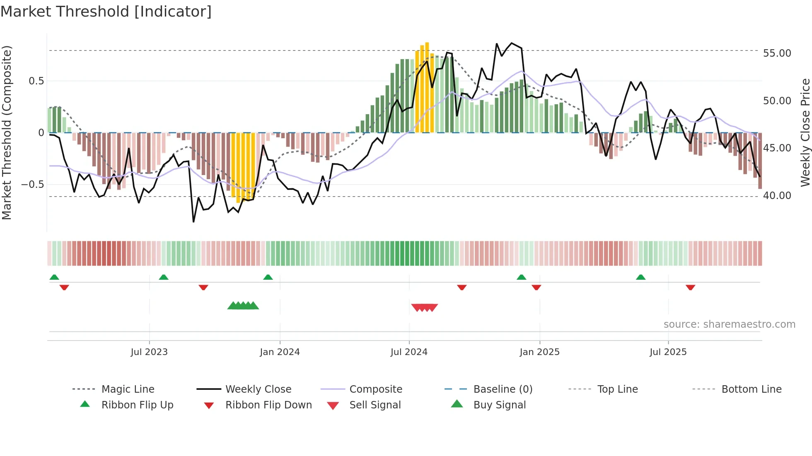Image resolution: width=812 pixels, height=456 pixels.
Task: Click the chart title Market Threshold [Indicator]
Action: pos(106,12)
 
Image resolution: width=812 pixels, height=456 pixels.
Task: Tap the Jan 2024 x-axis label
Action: pos(280,352)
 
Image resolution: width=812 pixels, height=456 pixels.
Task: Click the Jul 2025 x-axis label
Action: pos(668,352)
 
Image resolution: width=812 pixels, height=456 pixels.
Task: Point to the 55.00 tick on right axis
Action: pos(777,53)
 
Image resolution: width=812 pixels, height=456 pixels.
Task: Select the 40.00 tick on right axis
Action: pos(777,195)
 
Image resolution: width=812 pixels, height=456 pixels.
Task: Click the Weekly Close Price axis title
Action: pos(805,132)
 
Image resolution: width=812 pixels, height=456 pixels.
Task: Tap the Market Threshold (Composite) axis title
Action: pos(7,132)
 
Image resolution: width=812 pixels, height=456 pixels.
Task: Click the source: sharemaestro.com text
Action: pos(729,324)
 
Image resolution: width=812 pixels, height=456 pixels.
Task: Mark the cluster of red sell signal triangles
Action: pos(424,307)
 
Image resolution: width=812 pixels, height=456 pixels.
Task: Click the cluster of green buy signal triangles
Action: pos(243,306)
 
